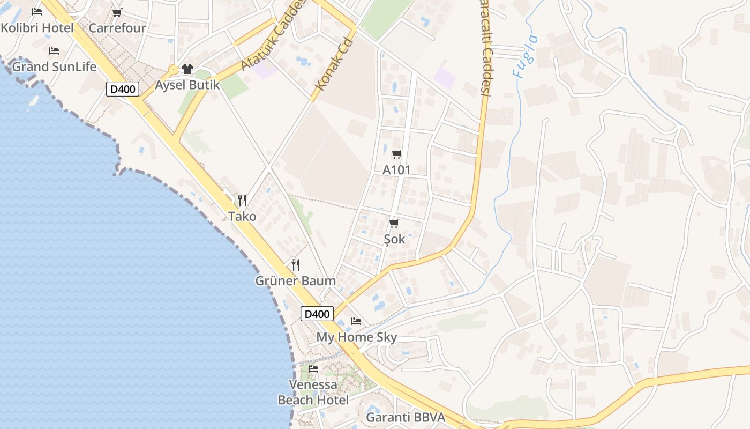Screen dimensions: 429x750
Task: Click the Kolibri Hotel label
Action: pyautogui.click(x=37, y=28)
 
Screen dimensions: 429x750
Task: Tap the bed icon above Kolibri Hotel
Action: pyautogui.click(x=37, y=12)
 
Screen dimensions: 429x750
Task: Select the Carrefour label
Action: pyautogui.click(x=117, y=28)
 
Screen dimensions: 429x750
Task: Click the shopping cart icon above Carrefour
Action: pyautogui.click(x=117, y=12)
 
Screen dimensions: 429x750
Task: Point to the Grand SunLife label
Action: pyautogui.click(x=54, y=66)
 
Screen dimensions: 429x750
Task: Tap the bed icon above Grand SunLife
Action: pyautogui.click(x=54, y=51)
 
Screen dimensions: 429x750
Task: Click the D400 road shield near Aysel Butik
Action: pyautogui.click(x=123, y=89)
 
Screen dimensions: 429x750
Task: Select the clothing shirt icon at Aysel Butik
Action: pyautogui.click(x=187, y=69)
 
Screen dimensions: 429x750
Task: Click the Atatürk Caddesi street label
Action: pyautogui.click(x=273, y=35)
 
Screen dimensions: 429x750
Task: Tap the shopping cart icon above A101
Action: pyautogui.click(x=396, y=154)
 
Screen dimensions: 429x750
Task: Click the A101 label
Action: pyautogui.click(x=396, y=170)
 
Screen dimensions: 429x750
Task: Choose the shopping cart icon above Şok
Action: pyautogui.click(x=394, y=223)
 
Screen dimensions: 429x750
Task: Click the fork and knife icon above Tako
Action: pyautogui.click(x=242, y=201)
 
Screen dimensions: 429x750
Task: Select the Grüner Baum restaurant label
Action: pyautogui.click(x=295, y=280)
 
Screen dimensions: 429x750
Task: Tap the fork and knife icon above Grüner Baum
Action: pyautogui.click(x=295, y=264)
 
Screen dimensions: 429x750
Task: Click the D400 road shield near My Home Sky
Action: pyautogui.click(x=317, y=314)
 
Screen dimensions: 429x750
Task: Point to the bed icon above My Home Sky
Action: pyautogui.click(x=356, y=321)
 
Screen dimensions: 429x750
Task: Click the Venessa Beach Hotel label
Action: pyautogui.click(x=313, y=392)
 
